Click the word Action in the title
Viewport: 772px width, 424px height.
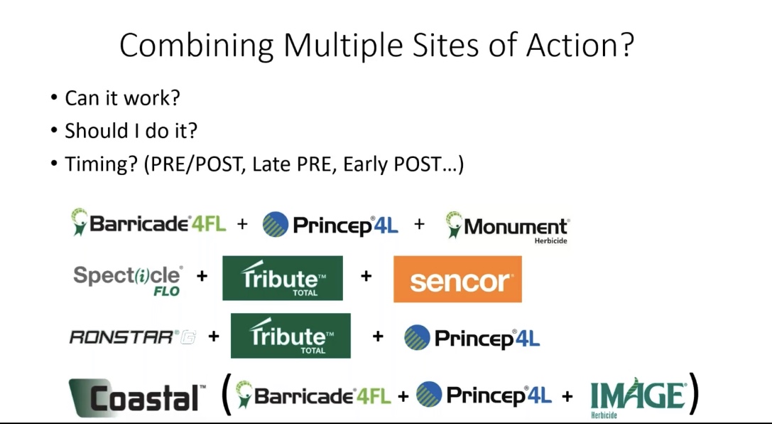coord(580,45)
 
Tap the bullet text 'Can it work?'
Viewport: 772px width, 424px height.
coord(123,97)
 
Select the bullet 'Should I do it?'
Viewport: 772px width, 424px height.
coord(131,131)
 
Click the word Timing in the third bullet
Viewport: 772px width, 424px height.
coord(101,164)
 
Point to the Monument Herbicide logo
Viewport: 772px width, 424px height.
coord(508,226)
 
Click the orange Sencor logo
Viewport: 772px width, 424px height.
coord(457,279)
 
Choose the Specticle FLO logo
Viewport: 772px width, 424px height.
coord(128,280)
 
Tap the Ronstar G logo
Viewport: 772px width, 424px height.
coord(133,337)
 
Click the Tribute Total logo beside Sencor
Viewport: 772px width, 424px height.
coord(283,278)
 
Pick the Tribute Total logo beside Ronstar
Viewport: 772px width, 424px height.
coord(290,335)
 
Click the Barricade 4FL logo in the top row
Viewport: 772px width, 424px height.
coord(148,223)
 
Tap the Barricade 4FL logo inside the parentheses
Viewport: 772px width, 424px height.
coord(312,395)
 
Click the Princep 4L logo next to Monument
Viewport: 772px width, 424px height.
coord(330,225)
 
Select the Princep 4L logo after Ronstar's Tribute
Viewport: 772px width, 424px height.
coord(472,338)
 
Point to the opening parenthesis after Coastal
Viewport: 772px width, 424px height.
coord(226,394)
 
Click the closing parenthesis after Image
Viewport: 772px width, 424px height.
coord(694,393)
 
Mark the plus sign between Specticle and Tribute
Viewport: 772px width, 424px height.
coord(202,276)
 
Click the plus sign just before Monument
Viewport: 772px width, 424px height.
coord(420,224)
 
